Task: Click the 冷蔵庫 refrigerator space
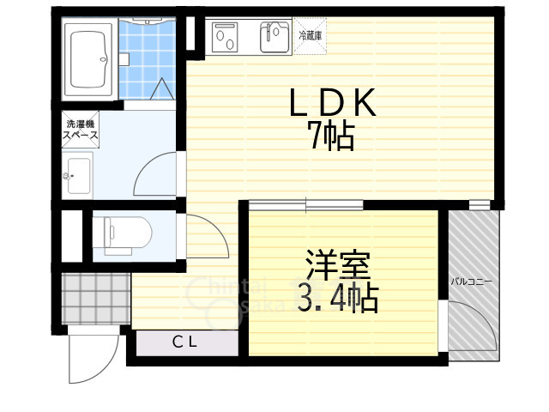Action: coord(311,36)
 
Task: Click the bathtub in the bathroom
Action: coord(89,63)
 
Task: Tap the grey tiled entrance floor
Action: coord(94,296)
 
